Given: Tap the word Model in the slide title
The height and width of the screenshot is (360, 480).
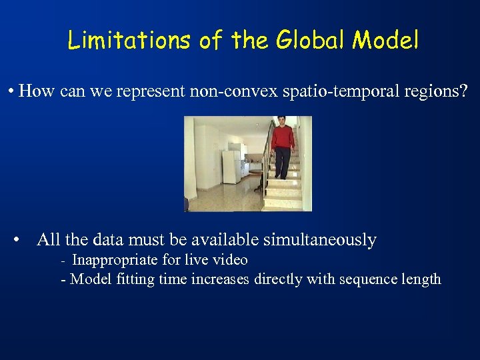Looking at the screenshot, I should pyautogui.click(x=386, y=41).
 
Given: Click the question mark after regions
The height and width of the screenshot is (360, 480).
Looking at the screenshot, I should pyautogui.click(x=464, y=91).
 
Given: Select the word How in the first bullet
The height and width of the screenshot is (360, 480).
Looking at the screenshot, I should pyautogui.click(x=38, y=91).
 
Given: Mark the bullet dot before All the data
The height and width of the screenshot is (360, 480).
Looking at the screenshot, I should pyautogui.click(x=23, y=240).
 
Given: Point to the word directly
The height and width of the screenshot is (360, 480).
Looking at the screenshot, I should pyautogui.click(x=277, y=279).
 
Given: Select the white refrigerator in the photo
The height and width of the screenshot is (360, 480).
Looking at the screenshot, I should pyautogui.click(x=231, y=167).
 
